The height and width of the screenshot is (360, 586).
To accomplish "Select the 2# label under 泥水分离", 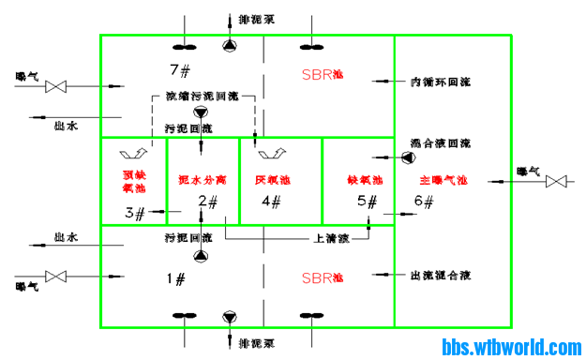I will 208,201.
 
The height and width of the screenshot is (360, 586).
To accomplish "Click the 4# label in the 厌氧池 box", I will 271,201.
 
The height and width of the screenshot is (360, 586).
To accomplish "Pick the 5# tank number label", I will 368,201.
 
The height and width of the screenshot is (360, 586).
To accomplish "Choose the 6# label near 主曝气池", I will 425,201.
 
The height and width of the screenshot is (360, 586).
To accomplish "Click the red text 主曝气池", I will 443,179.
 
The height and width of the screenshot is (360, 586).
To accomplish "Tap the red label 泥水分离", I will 202,178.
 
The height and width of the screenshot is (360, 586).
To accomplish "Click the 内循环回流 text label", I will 440,82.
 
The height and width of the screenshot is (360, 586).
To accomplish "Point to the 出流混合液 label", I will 440,276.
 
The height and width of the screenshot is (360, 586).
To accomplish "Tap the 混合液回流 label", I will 440,144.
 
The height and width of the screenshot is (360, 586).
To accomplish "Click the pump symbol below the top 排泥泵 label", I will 230,45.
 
